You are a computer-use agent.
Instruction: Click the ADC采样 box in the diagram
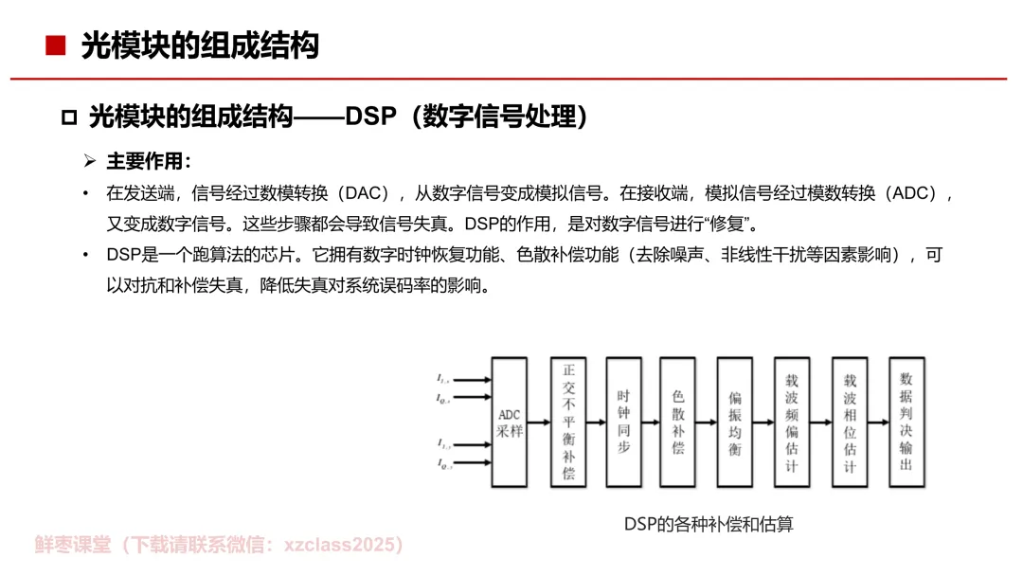click(x=510, y=422)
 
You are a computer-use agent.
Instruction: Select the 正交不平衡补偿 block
click(x=568, y=422)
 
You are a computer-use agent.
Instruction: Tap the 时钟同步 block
click(x=623, y=422)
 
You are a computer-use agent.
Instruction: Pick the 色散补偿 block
click(x=678, y=422)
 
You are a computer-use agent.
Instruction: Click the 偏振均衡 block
click(x=735, y=422)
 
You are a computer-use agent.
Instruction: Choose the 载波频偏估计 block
click(x=792, y=422)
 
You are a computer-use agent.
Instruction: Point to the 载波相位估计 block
click(x=850, y=422)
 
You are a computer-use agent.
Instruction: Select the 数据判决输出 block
click(x=906, y=422)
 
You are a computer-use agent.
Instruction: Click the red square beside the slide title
click(x=56, y=45)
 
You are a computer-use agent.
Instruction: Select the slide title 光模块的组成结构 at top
click(x=200, y=45)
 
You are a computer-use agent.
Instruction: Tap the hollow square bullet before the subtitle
click(x=68, y=117)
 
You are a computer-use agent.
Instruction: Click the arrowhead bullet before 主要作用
click(x=91, y=161)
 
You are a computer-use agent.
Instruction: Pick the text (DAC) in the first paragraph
click(x=363, y=194)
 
